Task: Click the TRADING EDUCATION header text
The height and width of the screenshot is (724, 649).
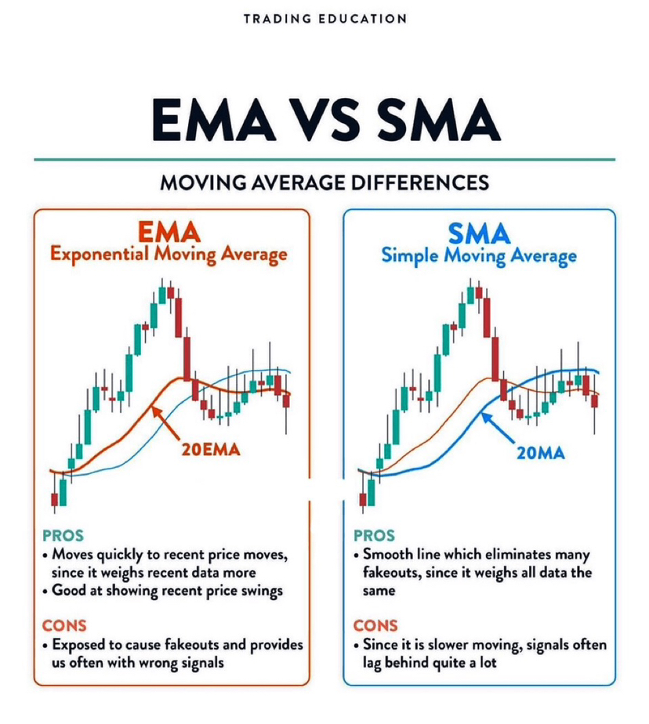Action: (x=324, y=18)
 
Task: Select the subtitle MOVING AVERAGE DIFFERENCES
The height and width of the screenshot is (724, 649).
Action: (x=324, y=183)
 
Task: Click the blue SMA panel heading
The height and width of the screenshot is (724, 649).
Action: (x=479, y=233)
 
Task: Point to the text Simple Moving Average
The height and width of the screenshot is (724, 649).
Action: (x=479, y=255)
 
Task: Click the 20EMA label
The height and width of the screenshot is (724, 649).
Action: (x=211, y=450)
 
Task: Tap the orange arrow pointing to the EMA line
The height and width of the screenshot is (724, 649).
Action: (x=168, y=422)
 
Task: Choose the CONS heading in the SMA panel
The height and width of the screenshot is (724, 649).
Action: (x=375, y=625)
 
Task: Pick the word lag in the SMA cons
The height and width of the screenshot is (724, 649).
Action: (x=372, y=663)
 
